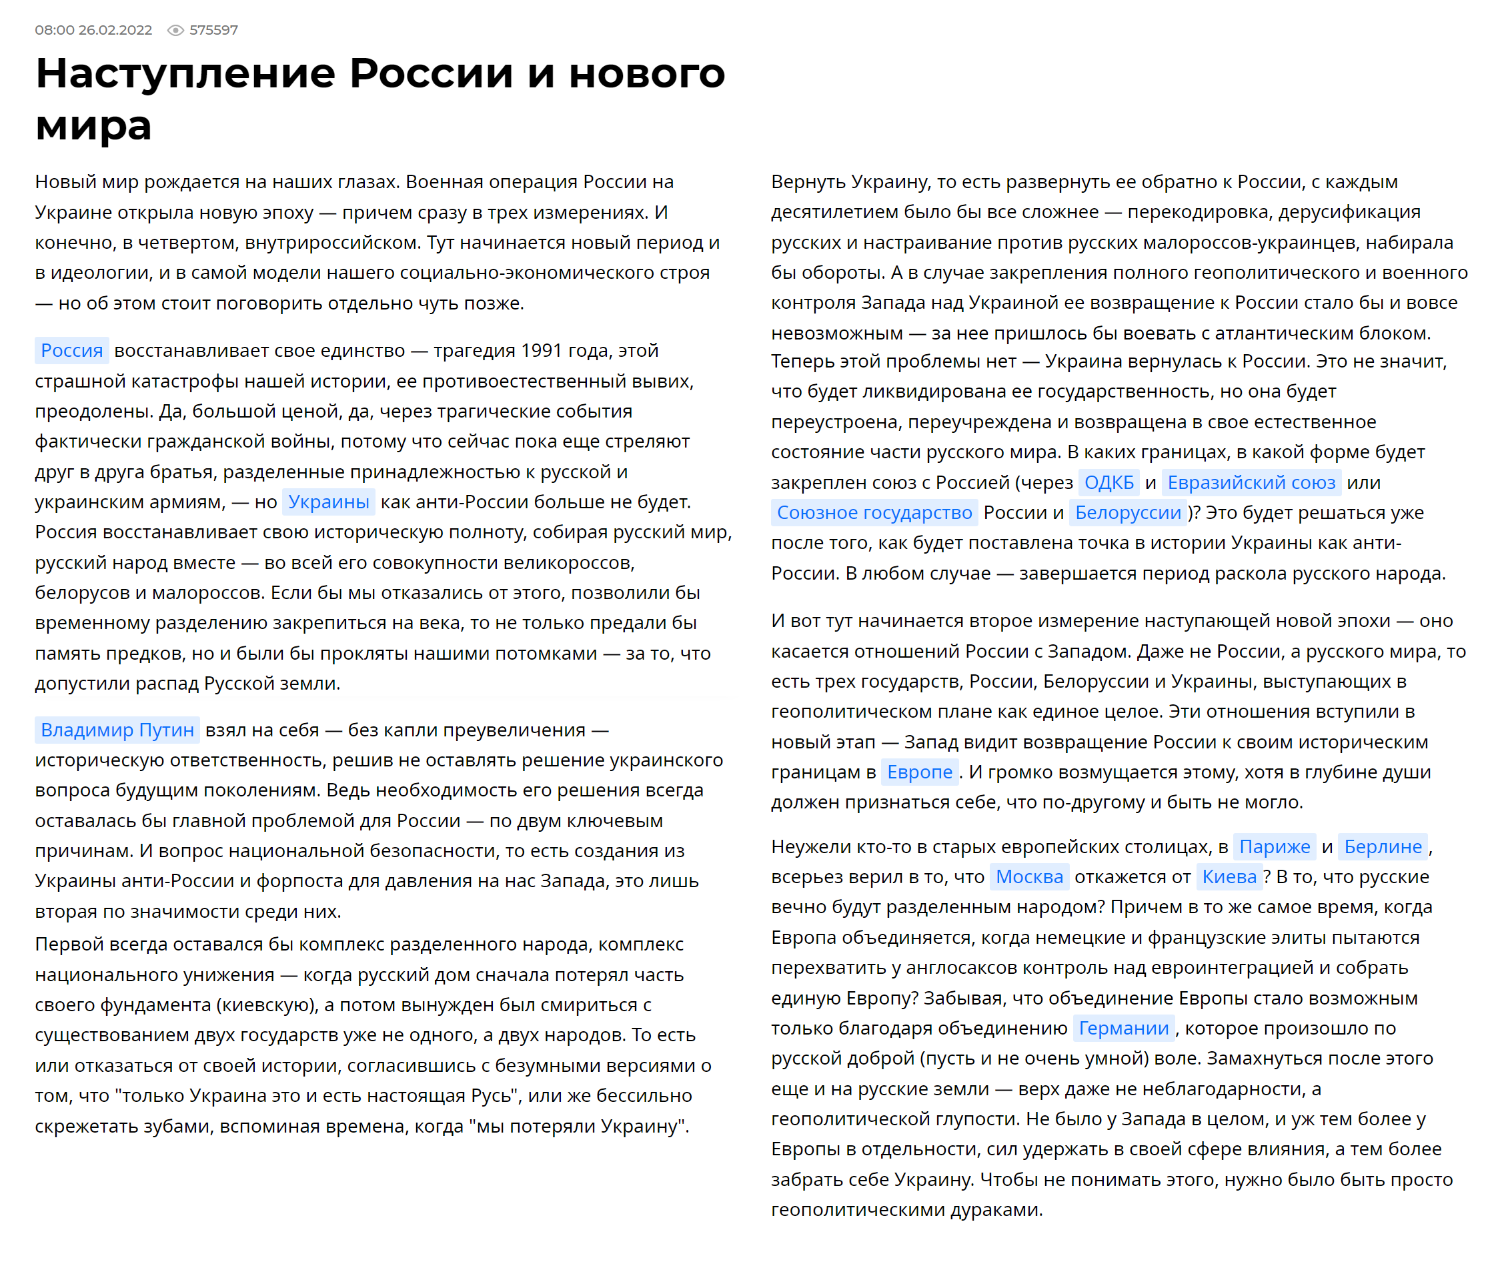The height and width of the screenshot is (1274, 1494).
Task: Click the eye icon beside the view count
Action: tap(175, 30)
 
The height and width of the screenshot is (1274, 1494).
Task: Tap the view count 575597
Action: tap(213, 30)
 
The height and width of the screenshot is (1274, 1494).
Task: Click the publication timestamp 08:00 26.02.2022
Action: tap(94, 30)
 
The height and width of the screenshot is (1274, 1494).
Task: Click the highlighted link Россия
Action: tap(72, 350)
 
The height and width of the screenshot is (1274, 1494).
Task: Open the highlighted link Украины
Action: tap(329, 502)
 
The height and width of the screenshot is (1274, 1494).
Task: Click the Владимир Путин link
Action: tap(117, 730)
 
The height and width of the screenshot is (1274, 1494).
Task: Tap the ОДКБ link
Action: tap(1109, 482)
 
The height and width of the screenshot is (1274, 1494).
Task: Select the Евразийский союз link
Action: tap(1251, 482)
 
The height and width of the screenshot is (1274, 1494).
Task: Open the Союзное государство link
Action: tap(874, 513)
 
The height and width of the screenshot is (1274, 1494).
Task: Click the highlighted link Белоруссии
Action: tap(1128, 513)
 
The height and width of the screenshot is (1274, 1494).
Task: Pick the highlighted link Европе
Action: tap(919, 772)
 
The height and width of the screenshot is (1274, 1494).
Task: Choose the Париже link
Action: tap(1274, 846)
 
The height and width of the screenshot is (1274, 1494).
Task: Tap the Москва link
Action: tap(1029, 876)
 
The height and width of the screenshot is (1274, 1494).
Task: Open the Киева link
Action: tap(1229, 876)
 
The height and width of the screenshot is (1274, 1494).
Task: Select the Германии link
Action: tap(1123, 1028)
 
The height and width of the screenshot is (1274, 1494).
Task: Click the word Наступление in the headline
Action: tap(186, 73)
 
